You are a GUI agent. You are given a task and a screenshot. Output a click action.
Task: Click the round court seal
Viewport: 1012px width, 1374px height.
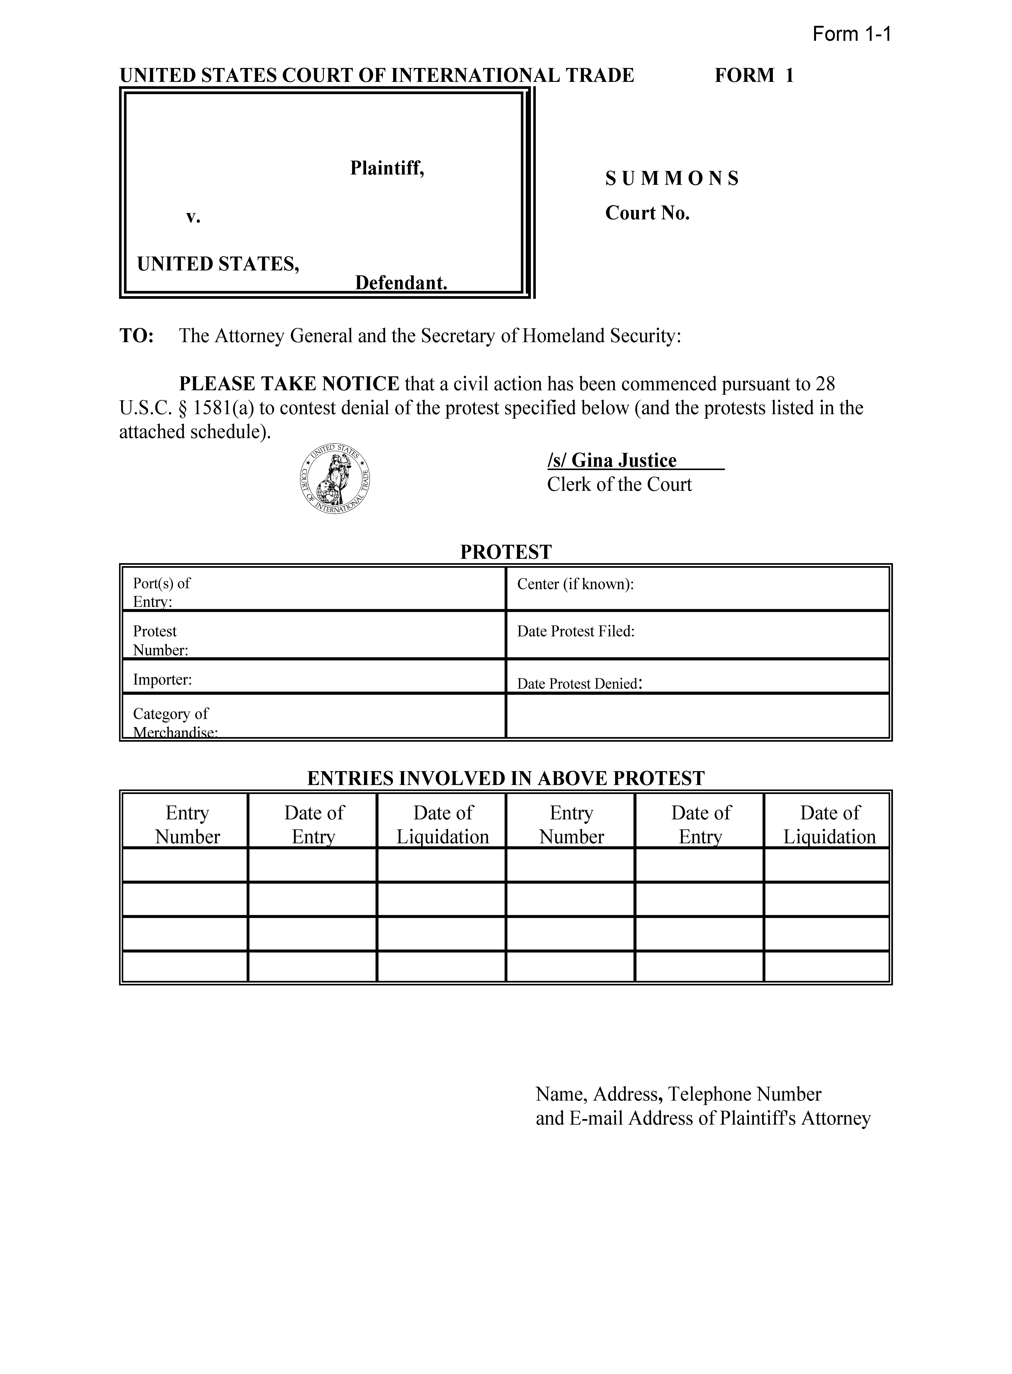[334, 478]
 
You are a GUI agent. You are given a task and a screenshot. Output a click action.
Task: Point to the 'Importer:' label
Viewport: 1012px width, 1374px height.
[162, 679]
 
